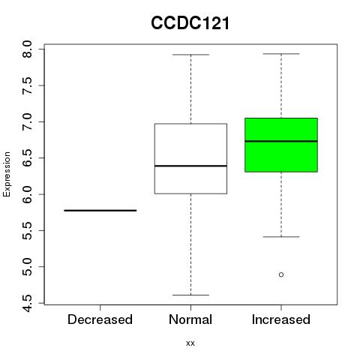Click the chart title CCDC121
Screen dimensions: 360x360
coord(190,23)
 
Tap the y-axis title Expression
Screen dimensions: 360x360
coord(7,174)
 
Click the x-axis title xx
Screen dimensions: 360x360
coord(190,343)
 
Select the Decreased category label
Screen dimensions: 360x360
coord(100,319)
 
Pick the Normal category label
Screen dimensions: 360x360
coord(190,319)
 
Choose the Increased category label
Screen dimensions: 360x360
coord(281,319)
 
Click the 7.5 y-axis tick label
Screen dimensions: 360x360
coord(27,85)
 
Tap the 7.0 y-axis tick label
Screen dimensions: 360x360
coord(27,121)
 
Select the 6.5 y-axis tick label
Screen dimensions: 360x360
coord(27,158)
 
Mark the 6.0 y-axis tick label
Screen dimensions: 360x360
coord(27,194)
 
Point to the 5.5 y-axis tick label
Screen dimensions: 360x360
coord(27,230)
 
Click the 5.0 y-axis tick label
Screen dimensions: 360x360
coord(27,267)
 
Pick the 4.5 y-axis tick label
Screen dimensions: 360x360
coord(27,303)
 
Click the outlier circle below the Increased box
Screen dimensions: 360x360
coord(281,274)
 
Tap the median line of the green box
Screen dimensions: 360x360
coord(281,141)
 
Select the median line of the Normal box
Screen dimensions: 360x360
coord(190,166)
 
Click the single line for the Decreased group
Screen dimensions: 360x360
coord(100,211)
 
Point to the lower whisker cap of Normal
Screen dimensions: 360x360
coord(190,295)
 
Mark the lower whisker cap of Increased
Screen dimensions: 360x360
coord(281,237)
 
